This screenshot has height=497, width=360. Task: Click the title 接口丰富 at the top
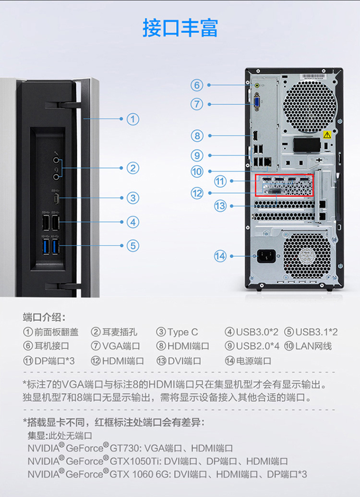(x=180, y=28)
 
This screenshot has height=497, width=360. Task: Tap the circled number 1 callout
(x=133, y=119)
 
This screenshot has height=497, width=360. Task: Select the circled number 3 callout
(x=133, y=198)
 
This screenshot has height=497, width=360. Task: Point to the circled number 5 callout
(x=133, y=246)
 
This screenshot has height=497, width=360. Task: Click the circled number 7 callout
(x=197, y=104)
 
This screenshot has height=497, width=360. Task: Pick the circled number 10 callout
(x=197, y=171)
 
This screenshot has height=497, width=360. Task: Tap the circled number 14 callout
(x=220, y=256)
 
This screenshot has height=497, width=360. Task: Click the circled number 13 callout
(x=220, y=206)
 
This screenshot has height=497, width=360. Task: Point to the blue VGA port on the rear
(x=257, y=102)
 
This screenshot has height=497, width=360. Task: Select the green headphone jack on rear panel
(x=257, y=85)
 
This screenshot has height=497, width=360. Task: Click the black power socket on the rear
(x=266, y=256)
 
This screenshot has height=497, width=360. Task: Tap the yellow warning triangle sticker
(x=327, y=135)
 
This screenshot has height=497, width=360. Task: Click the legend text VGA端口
(x=121, y=346)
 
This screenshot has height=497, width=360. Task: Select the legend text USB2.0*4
(x=258, y=346)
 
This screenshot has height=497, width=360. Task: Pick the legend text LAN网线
(x=313, y=346)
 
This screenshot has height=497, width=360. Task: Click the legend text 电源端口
(x=253, y=361)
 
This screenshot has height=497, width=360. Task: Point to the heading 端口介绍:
(x=44, y=317)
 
